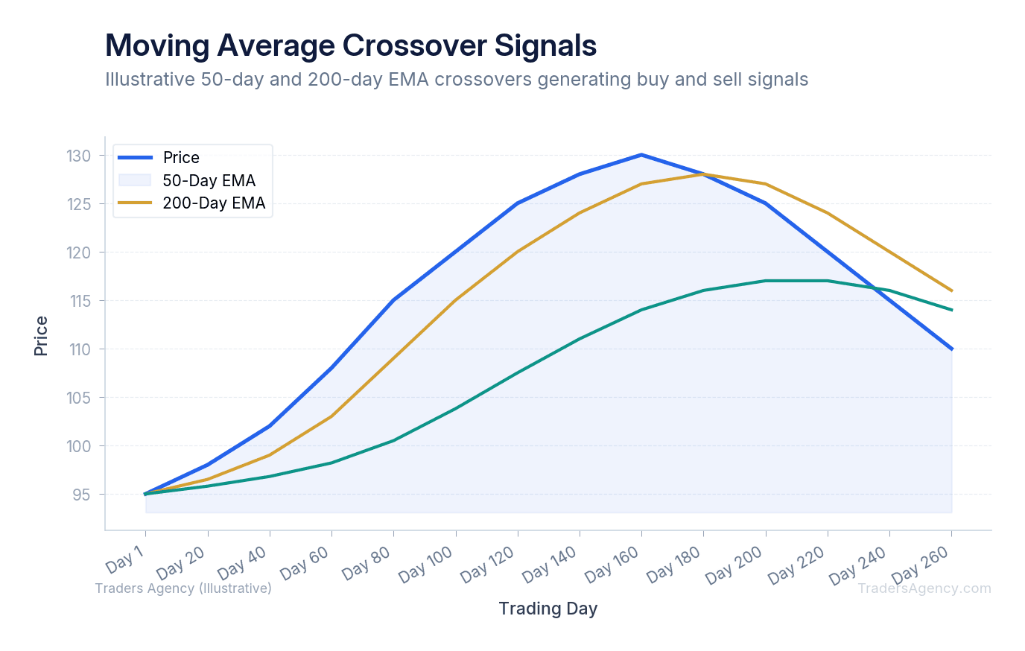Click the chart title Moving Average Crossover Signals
point(351,45)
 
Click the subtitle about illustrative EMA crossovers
point(457,80)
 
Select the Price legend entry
point(181,158)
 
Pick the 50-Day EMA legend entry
point(209,181)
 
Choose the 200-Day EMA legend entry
point(214,203)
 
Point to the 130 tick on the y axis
point(79,156)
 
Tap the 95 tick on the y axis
point(83,495)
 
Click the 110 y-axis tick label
point(79,349)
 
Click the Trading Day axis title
point(548,609)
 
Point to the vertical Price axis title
point(41,336)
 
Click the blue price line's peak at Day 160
point(641,155)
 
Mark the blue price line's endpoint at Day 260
point(951,349)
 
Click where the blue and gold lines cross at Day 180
point(703,174)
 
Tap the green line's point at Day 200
point(765,281)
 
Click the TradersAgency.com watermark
point(924,588)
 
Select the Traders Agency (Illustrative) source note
point(183,588)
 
